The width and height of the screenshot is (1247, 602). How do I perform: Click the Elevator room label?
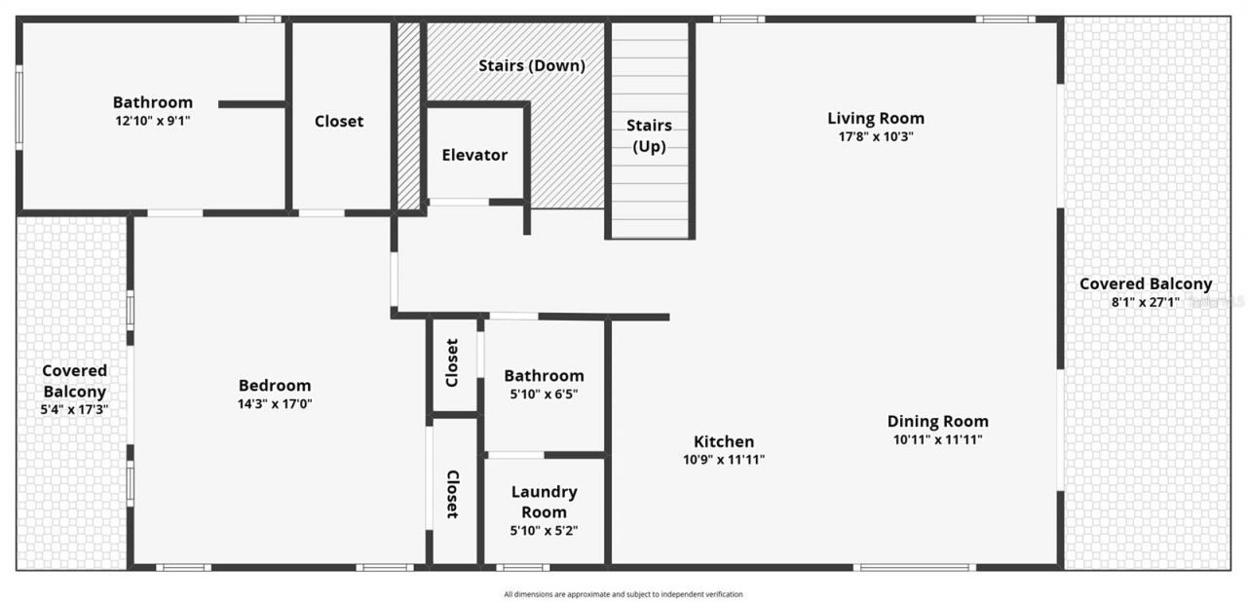(x=474, y=155)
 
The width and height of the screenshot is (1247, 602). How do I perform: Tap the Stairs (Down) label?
(x=531, y=66)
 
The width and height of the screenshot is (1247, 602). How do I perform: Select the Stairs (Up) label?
(x=648, y=135)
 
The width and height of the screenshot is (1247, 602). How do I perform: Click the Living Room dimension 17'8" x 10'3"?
(x=876, y=136)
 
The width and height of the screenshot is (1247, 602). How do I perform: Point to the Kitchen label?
(x=723, y=441)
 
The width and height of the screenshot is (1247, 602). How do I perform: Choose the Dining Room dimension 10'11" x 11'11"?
(x=937, y=439)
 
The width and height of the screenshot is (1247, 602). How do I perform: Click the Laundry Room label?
(x=544, y=502)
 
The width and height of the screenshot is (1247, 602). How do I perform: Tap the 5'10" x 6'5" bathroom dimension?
(x=544, y=394)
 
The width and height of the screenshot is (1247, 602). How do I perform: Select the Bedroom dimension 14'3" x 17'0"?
(x=275, y=403)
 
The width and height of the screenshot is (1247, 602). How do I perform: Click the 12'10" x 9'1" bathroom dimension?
(x=152, y=121)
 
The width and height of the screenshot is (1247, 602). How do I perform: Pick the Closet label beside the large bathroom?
(x=339, y=122)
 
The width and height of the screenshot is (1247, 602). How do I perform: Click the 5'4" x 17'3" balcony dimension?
(x=74, y=409)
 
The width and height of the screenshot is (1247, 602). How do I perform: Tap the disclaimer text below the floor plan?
(x=623, y=593)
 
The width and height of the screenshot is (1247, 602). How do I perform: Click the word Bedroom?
(x=275, y=385)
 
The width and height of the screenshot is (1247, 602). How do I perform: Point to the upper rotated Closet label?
(x=452, y=362)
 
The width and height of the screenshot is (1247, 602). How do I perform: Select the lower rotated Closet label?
(x=452, y=494)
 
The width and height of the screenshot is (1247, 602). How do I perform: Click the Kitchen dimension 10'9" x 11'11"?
(x=723, y=459)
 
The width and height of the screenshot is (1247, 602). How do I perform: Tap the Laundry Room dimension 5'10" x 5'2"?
(x=544, y=531)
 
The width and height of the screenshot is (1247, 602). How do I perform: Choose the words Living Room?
(x=876, y=118)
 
